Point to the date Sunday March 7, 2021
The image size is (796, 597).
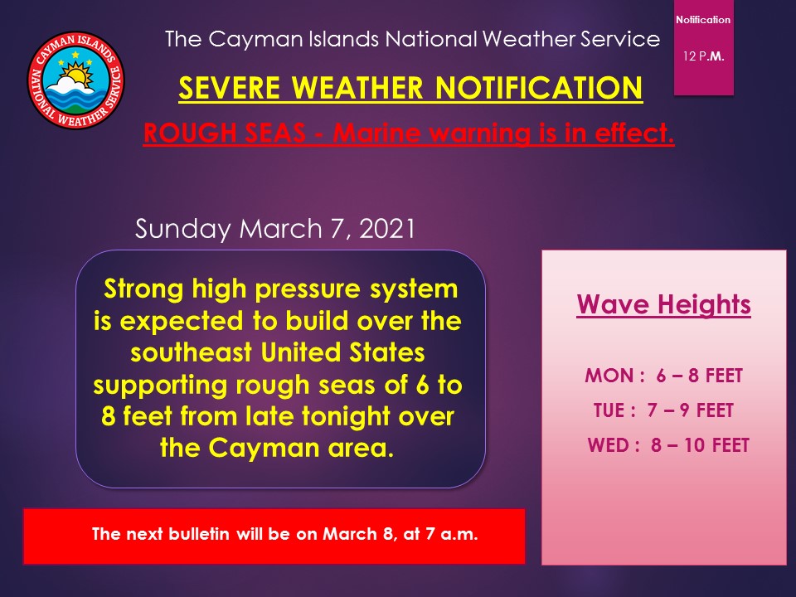[x=274, y=229]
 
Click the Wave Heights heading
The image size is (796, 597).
[x=663, y=304]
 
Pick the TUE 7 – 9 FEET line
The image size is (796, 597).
[x=663, y=410]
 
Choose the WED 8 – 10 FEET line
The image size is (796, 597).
[x=667, y=445]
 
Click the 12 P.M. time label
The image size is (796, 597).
[x=704, y=56]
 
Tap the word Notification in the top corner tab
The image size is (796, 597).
[x=703, y=19]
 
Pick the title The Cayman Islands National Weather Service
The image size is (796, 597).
[x=413, y=38]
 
